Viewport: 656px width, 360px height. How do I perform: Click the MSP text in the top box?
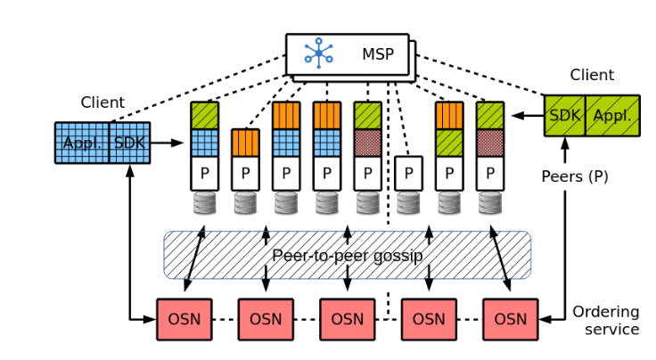pyautogui.click(x=377, y=54)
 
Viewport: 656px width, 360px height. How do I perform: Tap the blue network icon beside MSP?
pyautogui.click(x=318, y=53)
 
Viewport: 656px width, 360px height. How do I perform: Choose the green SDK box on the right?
pyautogui.click(x=565, y=116)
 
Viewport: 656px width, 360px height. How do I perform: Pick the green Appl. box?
pyautogui.click(x=612, y=116)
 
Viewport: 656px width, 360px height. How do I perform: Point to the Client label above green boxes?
pyautogui.click(x=592, y=76)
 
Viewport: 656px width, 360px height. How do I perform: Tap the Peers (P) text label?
pyautogui.click(x=575, y=176)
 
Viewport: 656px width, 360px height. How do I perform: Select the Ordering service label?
pyautogui.click(x=606, y=321)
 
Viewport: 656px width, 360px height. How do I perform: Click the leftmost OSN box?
pyautogui.click(x=184, y=319)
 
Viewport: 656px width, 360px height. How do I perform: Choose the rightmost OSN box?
pyautogui.click(x=511, y=319)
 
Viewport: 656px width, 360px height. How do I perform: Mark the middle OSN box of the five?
pyautogui.click(x=347, y=319)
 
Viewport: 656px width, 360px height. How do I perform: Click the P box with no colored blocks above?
pyautogui.click(x=408, y=172)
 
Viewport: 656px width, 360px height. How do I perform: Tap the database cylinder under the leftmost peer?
pyautogui.click(x=204, y=203)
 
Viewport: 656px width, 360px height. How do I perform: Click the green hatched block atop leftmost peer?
pyautogui.click(x=204, y=116)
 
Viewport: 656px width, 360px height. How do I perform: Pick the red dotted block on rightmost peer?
pyautogui.click(x=489, y=143)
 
